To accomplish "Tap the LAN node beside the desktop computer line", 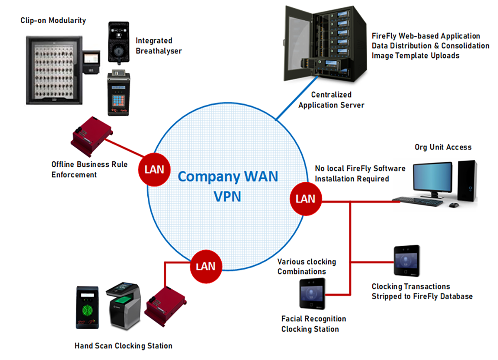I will [305, 198].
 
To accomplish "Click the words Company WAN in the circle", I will [228, 176].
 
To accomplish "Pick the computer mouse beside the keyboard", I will [454, 205].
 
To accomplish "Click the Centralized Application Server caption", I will [331, 100].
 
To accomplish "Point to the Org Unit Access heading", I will [443, 147].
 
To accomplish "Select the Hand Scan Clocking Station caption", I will [123, 345].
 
